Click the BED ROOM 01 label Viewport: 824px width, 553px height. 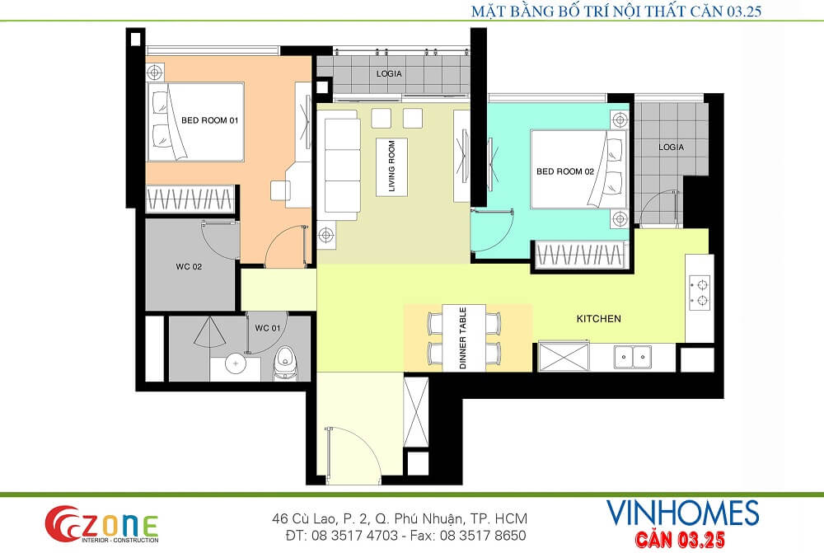209,120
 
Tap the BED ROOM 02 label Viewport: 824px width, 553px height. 565,171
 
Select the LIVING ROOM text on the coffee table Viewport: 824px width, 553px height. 391,166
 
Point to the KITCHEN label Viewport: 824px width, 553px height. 598,319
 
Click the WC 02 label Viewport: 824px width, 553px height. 189,266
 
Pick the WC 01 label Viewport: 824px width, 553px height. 268,328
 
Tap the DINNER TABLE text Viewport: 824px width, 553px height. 463,338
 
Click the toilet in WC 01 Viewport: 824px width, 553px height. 285,363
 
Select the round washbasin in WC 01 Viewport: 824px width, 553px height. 236,363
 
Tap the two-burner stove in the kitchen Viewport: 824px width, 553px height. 700,293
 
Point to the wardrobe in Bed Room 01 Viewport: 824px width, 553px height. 190,199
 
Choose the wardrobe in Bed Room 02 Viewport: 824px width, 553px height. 579,255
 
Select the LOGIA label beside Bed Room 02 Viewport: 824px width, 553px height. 671,148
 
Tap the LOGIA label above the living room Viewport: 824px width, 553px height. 389,73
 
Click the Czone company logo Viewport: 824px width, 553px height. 101,524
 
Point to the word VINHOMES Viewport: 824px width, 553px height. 682,513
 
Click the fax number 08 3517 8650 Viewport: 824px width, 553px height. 482,536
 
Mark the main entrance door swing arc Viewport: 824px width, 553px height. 368,443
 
